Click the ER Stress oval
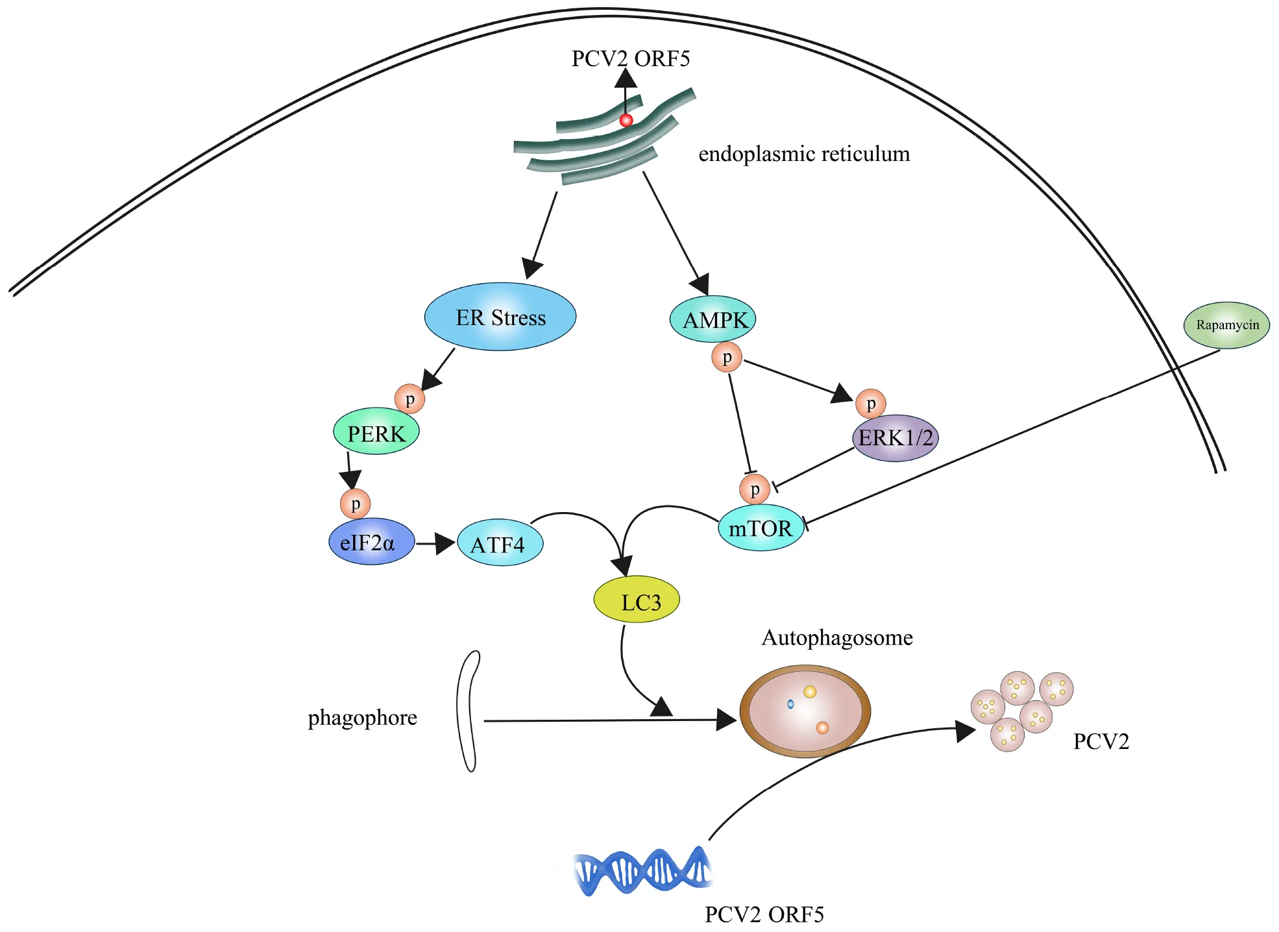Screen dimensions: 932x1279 click(500, 317)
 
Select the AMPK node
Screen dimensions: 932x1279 click(713, 319)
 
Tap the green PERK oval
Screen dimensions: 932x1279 click(376, 432)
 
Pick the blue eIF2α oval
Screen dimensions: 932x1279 click(371, 541)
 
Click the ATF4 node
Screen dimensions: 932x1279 click(500, 543)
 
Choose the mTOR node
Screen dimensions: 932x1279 click(761, 528)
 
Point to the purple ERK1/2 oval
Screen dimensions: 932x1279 click(895, 438)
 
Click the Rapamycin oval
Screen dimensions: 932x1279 click(1226, 325)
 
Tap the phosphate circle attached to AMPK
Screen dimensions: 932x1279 click(727, 357)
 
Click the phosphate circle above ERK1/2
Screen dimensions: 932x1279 click(871, 404)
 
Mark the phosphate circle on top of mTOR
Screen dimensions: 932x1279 click(755, 489)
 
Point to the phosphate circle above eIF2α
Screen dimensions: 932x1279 click(356, 503)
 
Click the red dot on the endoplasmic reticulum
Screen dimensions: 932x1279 click(626, 120)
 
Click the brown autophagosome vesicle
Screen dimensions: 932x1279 click(805, 711)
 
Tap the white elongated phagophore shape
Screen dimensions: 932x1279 click(467, 711)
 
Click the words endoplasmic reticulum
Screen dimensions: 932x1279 click(804, 154)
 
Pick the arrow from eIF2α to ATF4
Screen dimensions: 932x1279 click(435, 543)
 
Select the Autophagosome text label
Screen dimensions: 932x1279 click(836, 637)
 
